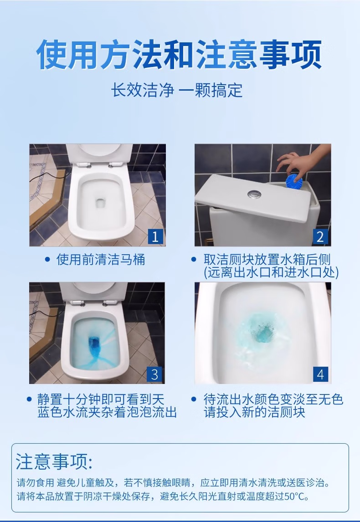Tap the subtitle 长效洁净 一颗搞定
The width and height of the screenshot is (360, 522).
click(x=176, y=90)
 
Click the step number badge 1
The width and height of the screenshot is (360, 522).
click(x=155, y=236)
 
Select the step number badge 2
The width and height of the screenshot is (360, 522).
click(x=320, y=236)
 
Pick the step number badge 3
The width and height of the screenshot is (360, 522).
click(x=154, y=374)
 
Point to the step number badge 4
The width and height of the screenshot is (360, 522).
click(x=320, y=374)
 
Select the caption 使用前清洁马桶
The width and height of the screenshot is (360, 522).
click(x=101, y=259)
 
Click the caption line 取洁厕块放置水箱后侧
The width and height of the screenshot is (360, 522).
click(x=267, y=260)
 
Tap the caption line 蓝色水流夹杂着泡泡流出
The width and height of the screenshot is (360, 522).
click(x=107, y=412)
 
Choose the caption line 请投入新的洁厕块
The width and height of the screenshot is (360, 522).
click(x=254, y=412)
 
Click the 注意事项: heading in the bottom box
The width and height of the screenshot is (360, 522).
click(x=54, y=461)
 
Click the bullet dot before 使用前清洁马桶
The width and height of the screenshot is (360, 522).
click(x=47, y=260)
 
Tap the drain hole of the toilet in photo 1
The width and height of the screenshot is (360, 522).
click(x=100, y=203)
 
